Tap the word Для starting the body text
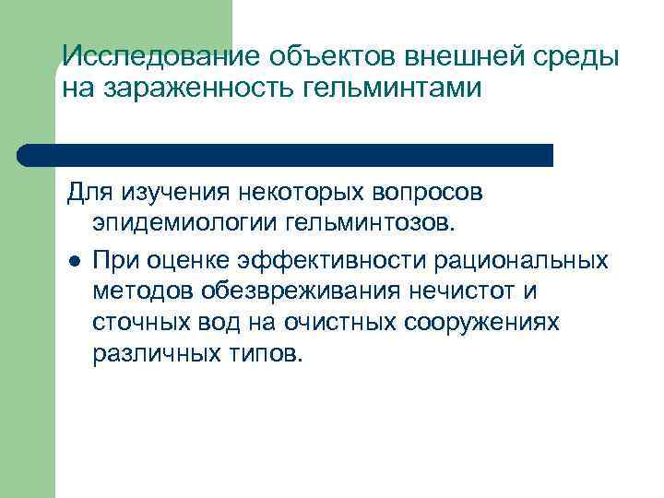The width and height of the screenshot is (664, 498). (87, 195)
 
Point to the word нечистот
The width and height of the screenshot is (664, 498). (468, 291)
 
